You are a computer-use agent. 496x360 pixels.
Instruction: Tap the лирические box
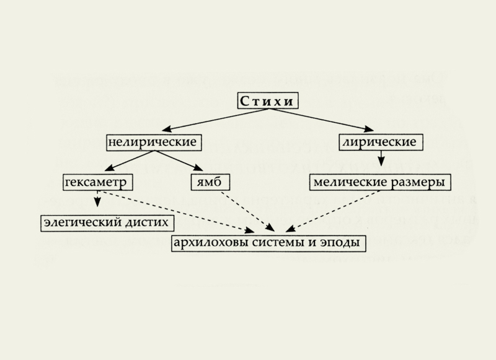click(380, 142)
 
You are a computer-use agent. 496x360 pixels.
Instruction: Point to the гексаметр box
click(99, 182)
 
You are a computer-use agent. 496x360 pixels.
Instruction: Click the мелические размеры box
click(379, 182)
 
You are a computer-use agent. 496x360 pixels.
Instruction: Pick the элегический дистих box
click(106, 221)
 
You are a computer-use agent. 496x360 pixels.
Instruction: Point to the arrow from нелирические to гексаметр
click(130, 162)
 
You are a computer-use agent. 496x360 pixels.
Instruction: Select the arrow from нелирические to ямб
click(180, 162)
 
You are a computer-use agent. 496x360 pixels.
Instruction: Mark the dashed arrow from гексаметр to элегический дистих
click(97, 201)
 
